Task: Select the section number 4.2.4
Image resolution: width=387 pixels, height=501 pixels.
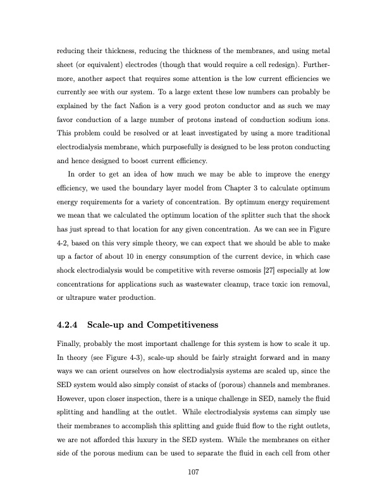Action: (x=66, y=326)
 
